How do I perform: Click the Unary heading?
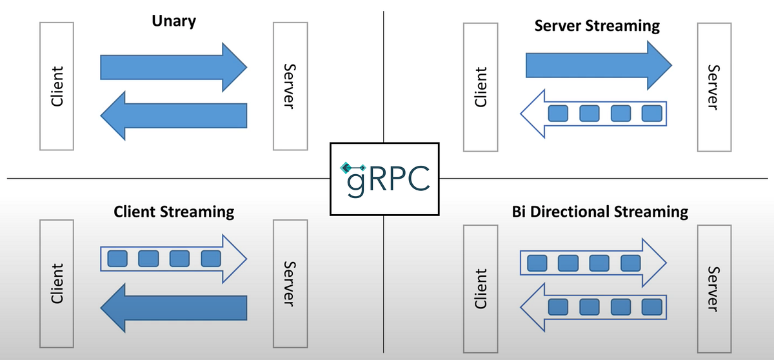click(x=174, y=21)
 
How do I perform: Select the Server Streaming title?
click(x=597, y=26)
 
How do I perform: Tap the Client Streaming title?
click(x=174, y=211)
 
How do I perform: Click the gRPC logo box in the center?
click(x=384, y=178)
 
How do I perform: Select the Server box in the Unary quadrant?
click(x=290, y=86)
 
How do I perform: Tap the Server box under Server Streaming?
click(x=715, y=87)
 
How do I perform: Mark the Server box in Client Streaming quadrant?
click(x=290, y=283)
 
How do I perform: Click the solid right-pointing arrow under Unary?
click(x=173, y=67)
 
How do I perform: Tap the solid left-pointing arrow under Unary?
click(x=173, y=115)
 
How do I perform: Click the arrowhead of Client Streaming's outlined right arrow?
click(x=235, y=259)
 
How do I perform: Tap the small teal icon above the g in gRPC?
click(x=348, y=168)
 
